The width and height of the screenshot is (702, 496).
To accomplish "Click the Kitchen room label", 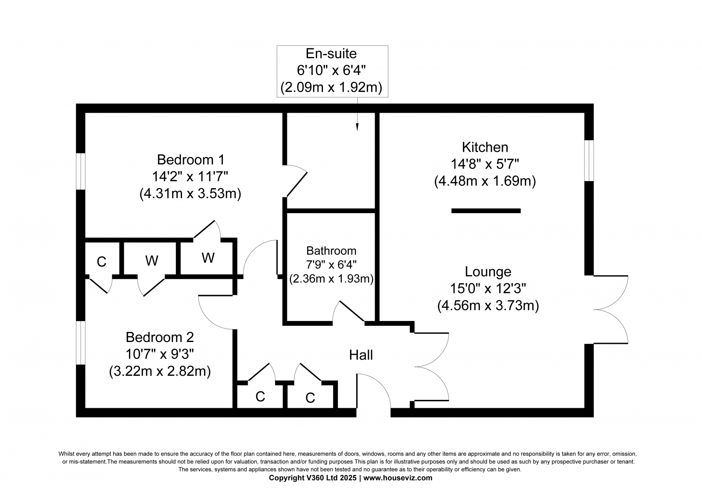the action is click(485, 147).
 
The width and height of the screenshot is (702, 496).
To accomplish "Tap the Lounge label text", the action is click(488, 271).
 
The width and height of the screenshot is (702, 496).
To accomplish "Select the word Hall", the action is click(361, 355).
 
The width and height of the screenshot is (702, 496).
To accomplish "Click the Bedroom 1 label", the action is click(190, 160).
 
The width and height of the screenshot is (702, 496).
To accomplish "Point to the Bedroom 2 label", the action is click(160, 337).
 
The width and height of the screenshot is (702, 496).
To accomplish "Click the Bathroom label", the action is click(331, 251).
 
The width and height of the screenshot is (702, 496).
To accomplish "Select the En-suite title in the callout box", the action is click(331, 54).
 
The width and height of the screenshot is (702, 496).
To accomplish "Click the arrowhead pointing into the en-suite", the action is click(357, 127).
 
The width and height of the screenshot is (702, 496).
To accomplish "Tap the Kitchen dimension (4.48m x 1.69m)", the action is click(485, 181).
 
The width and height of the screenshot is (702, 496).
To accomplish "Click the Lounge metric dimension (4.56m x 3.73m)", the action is click(488, 306).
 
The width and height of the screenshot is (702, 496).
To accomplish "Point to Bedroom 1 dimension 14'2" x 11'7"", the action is click(190, 176).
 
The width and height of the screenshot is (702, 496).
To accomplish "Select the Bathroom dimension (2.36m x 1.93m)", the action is click(331, 278).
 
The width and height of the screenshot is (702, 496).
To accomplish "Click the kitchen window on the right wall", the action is click(589, 161).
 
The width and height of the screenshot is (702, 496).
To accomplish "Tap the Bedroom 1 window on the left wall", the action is click(81, 171).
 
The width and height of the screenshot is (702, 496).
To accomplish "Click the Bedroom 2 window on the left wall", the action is click(81, 343).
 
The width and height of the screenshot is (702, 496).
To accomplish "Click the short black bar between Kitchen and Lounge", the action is click(486, 211).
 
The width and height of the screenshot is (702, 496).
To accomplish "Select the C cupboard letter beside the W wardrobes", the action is click(101, 262).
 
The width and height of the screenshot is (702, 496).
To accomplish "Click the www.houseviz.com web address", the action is click(398, 478).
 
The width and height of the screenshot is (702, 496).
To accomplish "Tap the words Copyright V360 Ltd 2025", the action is click(312, 478).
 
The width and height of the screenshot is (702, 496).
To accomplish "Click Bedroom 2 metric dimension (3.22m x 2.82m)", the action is click(160, 371).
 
